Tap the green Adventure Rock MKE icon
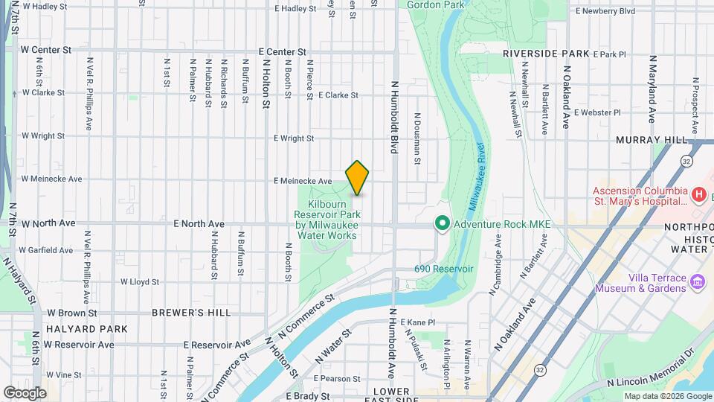pos(441,223)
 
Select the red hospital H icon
pos(698,195)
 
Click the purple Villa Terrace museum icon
pos(698,282)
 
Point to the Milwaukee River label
pos(476,179)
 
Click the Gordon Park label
pos(434,4)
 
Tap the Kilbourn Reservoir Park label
pos(327,219)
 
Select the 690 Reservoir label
pos(444,269)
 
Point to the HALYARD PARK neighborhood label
pos(86,328)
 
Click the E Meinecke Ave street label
pos(303,181)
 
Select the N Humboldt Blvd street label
pos(394,118)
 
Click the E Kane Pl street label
pos(417,322)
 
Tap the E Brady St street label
pos(307,397)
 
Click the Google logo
pos(25,392)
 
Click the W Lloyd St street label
pos(140,283)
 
